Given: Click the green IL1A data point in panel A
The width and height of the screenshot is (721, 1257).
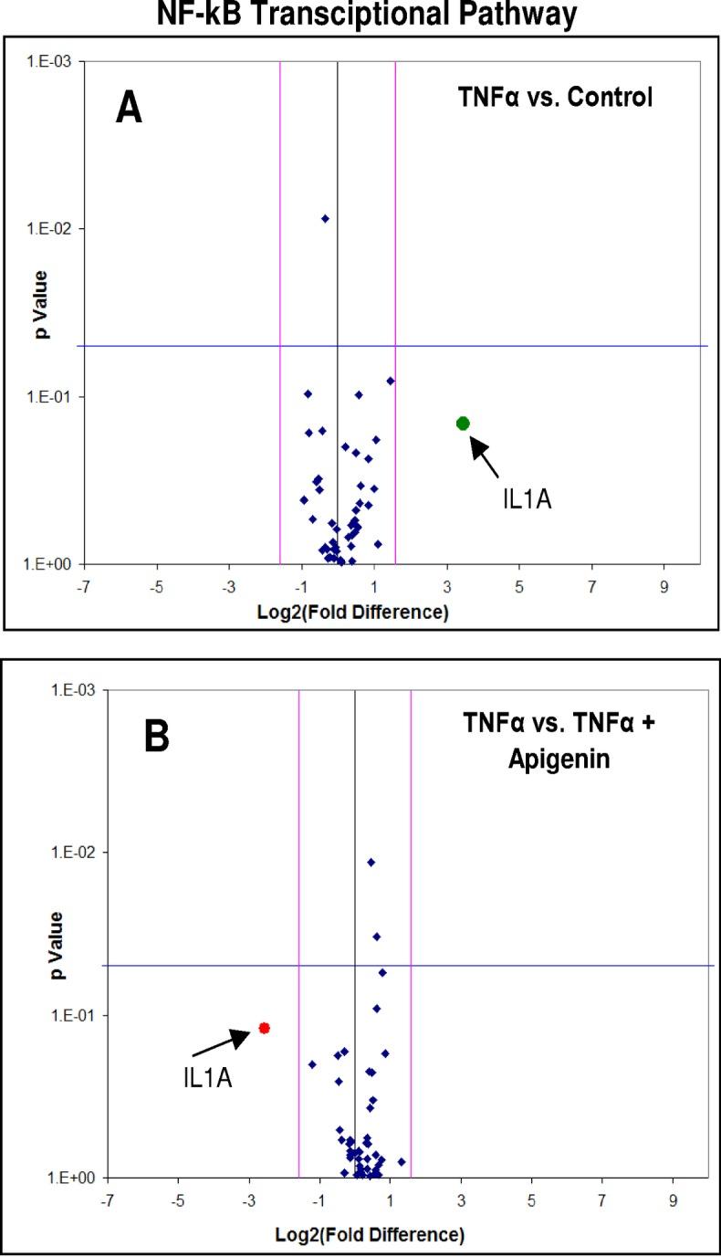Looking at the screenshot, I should coord(463,423).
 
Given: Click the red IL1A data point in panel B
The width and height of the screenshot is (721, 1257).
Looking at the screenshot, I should coord(264,1027).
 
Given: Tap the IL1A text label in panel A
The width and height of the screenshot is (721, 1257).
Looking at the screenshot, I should coord(528,499).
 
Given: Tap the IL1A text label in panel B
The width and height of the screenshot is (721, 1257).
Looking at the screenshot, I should coord(207,1078).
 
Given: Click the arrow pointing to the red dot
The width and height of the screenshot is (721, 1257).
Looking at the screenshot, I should coord(222,1041).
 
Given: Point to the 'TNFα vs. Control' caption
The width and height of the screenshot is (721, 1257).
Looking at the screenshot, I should coord(554,98).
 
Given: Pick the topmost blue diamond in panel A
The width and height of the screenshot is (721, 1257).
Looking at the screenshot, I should coord(325,218).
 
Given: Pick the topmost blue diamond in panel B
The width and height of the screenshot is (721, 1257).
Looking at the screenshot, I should coord(371,862).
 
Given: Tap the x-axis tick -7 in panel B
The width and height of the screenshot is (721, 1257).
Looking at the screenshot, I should coord(107,1199).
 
